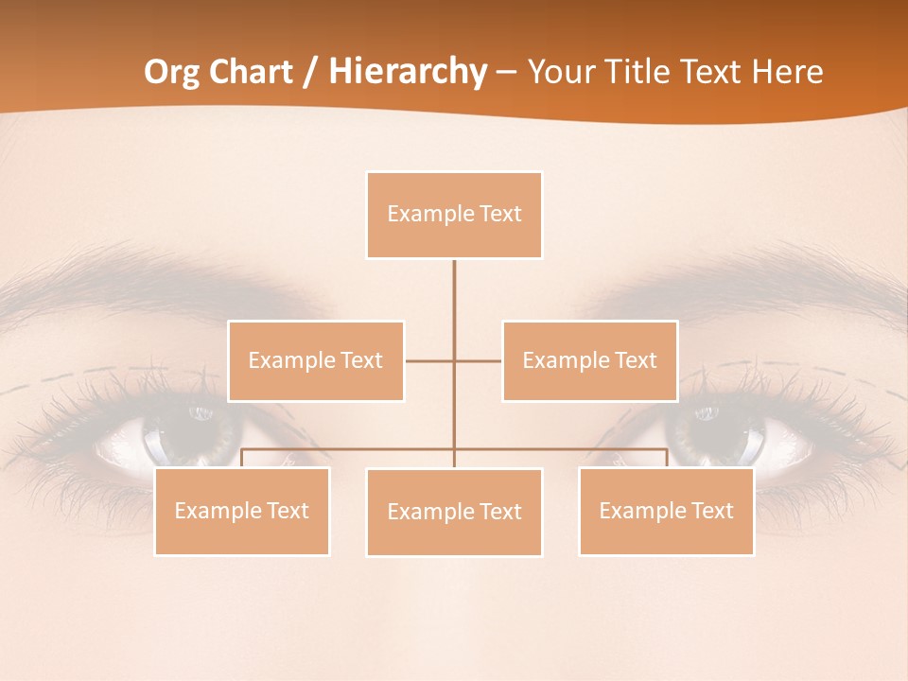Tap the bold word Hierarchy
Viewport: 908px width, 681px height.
pyautogui.click(x=407, y=72)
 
